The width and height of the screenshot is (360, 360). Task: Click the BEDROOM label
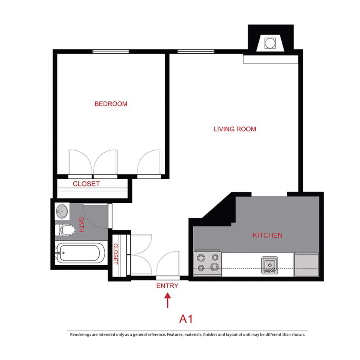coord(111,104)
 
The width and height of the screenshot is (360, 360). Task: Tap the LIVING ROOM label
coord(235,129)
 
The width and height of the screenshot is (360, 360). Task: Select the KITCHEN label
coord(268,235)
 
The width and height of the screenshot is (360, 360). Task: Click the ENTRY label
coord(167,286)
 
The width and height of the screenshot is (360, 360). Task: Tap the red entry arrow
coord(168,300)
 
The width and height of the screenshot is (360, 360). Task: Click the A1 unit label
coord(186,319)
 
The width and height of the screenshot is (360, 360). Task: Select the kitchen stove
coord(208,263)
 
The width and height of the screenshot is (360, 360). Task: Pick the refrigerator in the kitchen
coord(307,264)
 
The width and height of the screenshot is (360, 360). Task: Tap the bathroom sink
coord(62,211)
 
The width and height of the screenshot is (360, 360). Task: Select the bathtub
coord(80,254)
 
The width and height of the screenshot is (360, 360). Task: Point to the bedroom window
coord(111,51)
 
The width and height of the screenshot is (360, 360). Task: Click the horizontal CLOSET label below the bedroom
coord(86,184)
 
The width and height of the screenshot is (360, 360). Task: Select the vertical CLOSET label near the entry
coord(116,254)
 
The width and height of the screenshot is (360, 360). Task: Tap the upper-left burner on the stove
coord(200,257)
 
